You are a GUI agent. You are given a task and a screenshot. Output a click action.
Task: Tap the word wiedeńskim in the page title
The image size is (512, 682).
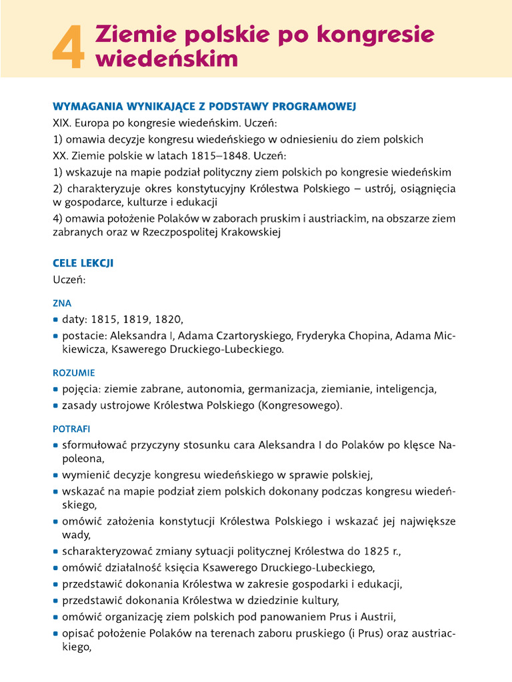pos(167,59)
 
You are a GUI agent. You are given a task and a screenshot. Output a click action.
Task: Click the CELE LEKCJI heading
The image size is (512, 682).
pos(83,263)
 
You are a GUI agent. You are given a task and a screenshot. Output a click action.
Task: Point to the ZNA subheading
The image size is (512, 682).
pos(62,302)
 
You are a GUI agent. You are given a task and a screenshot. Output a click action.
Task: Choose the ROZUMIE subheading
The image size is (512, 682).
pos(73,373)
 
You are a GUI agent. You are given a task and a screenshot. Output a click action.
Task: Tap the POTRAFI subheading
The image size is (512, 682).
pos(71,428)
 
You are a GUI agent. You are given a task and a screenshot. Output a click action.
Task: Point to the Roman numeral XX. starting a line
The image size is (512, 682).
pos(61,156)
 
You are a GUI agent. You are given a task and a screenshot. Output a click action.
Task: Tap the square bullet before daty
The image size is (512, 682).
pos(56,319)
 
